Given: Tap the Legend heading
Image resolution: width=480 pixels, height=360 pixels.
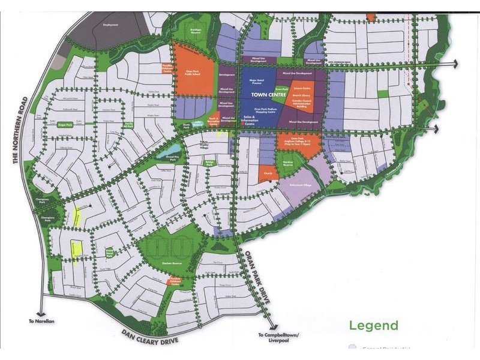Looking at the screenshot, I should [x=373, y=326].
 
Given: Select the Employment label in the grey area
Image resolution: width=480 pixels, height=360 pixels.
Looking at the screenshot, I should [x=111, y=25].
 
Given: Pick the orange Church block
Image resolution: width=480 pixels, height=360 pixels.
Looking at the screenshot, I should [x=267, y=174].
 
